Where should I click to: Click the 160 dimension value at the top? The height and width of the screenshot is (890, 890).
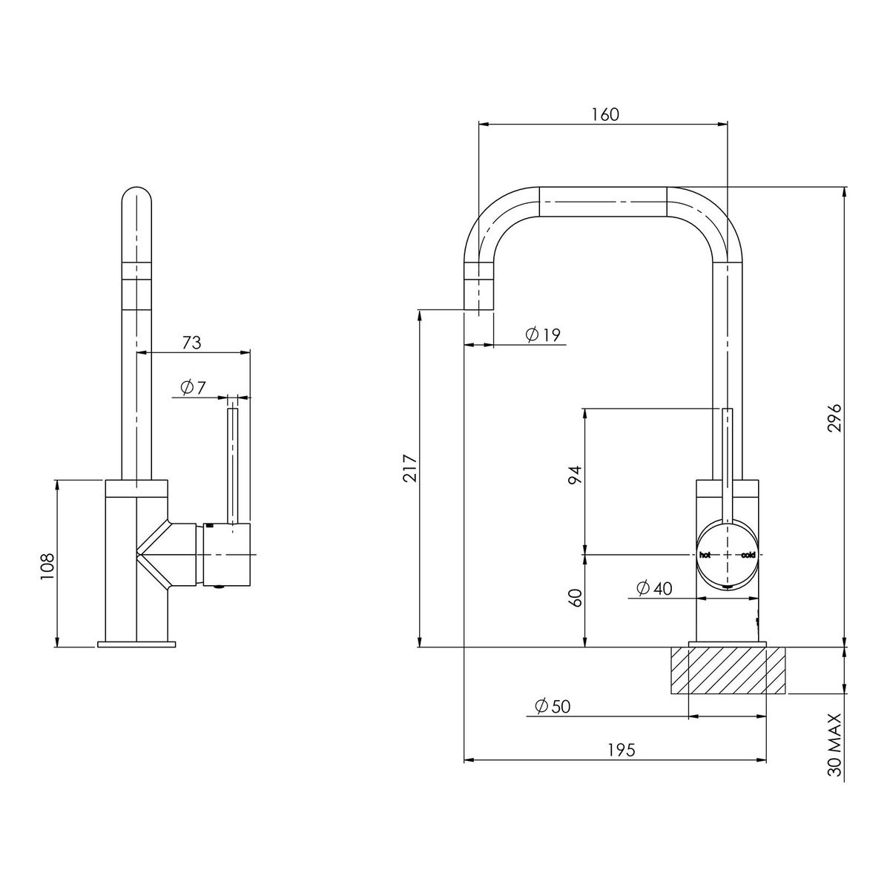tap(605, 114)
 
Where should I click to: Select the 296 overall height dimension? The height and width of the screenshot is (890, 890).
tap(834, 418)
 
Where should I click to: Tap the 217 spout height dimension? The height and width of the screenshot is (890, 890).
tap(409, 468)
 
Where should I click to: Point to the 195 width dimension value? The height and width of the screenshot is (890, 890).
tap(622, 762)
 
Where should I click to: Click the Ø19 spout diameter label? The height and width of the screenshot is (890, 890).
tap(543, 334)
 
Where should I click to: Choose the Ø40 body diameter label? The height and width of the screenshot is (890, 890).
tap(654, 588)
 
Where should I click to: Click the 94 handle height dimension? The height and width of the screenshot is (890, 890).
tap(575, 475)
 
